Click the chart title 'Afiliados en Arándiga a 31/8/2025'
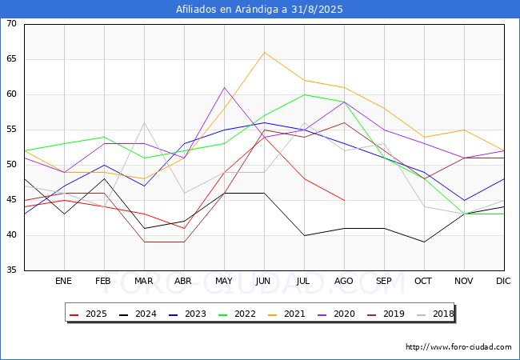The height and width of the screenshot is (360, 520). (x=260, y=10)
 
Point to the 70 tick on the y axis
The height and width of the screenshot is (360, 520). (x=11, y=24)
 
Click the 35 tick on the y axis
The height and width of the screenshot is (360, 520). (x=11, y=270)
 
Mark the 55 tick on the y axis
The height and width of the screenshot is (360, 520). (x=11, y=130)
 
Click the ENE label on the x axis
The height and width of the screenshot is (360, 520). (x=64, y=282)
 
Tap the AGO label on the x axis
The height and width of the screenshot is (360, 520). (x=344, y=282)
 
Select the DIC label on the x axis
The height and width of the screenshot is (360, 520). (x=503, y=282)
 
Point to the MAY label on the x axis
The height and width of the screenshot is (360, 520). (x=224, y=282)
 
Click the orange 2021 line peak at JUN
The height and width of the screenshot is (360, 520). (x=264, y=53)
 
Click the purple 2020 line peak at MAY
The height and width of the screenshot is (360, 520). (x=224, y=88)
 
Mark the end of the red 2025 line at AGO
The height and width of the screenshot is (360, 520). (x=344, y=200)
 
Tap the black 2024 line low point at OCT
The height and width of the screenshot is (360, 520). (x=424, y=242)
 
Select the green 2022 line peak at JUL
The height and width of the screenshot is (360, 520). (x=304, y=94)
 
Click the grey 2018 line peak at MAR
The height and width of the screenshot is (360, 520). (x=144, y=123)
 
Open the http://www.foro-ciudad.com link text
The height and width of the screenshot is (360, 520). (x=458, y=347)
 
